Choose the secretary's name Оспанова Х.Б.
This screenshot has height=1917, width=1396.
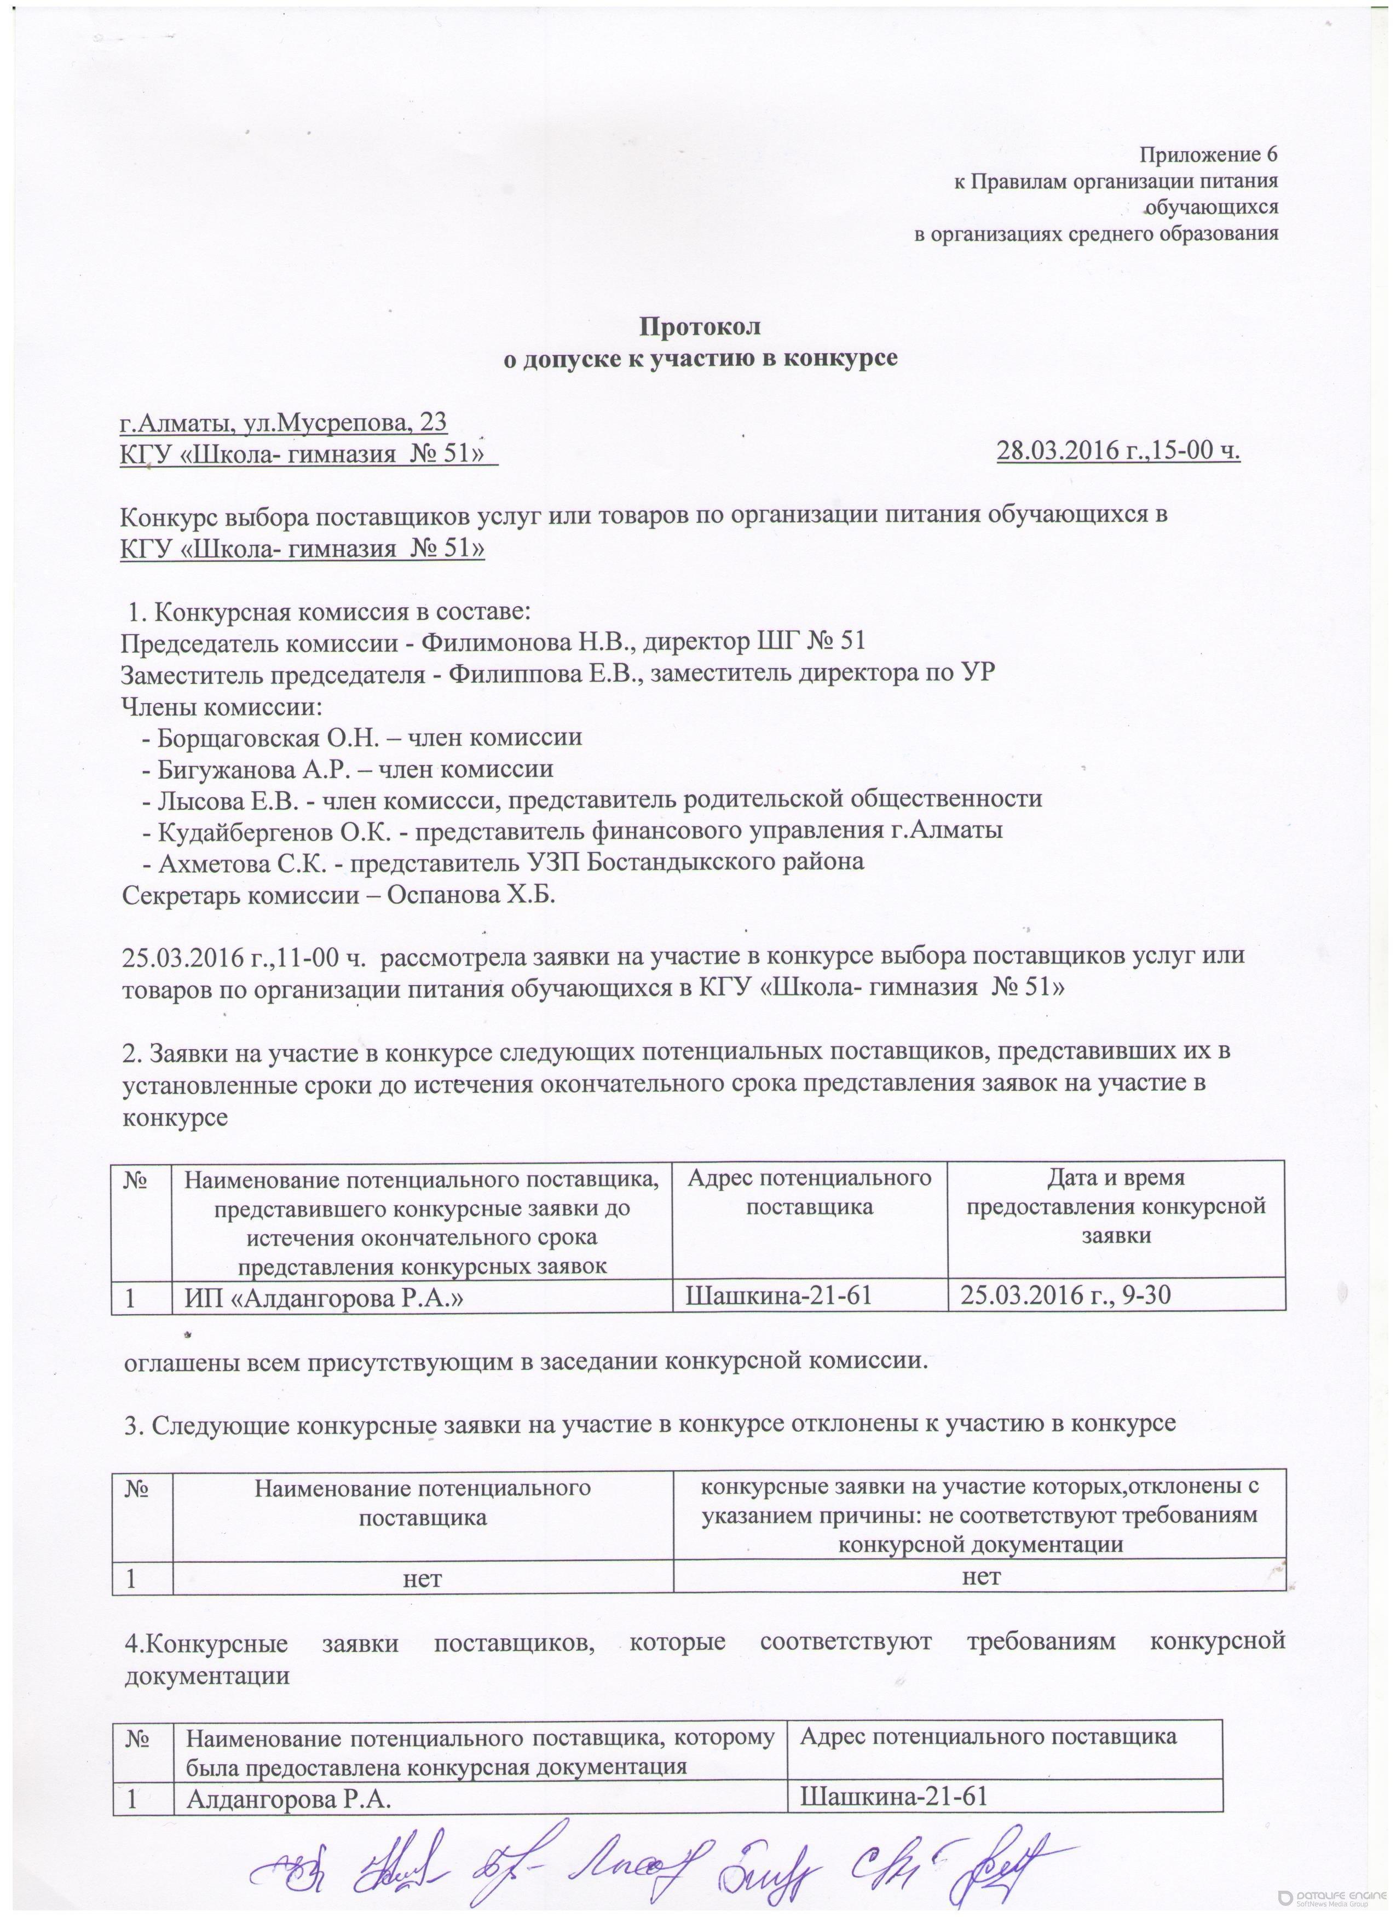tap(471, 894)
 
